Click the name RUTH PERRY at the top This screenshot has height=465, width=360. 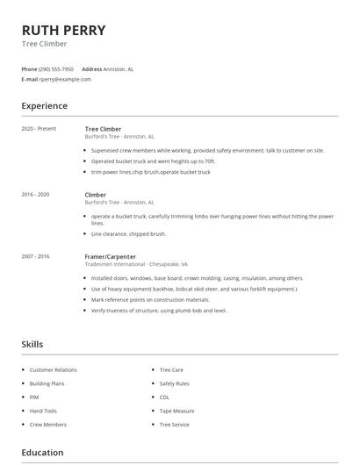pyautogui.click(x=63, y=30)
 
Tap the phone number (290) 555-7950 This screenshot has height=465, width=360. pyautogui.click(x=57, y=68)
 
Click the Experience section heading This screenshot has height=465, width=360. pyautogui.click(x=44, y=106)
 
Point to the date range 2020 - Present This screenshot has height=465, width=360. pyautogui.click(x=39, y=129)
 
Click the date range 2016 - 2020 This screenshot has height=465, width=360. pyautogui.click(x=35, y=194)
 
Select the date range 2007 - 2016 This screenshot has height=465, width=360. pyautogui.click(x=35, y=256)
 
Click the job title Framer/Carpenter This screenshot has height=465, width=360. pyautogui.click(x=110, y=256)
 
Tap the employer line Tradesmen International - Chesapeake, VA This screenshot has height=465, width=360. pyautogui.click(x=136, y=264)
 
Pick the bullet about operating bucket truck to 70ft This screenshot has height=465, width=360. pyautogui.click(x=154, y=161)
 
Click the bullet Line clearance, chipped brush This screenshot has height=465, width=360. pyautogui.click(x=128, y=234)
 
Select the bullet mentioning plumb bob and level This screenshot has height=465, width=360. pyautogui.click(x=159, y=310)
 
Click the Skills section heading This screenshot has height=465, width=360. pyautogui.click(x=32, y=344)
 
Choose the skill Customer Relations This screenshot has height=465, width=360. pyautogui.click(x=54, y=370)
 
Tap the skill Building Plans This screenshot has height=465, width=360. pyautogui.click(x=48, y=383)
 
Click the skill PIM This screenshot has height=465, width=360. pyautogui.click(x=34, y=397)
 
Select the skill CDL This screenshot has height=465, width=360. pyautogui.click(x=165, y=397)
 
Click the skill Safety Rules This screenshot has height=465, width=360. pyautogui.click(x=174, y=383)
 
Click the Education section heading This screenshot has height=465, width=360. pyautogui.click(x=42, y=453)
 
